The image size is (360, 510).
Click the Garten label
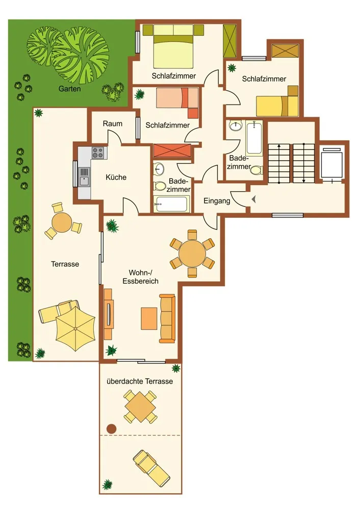[69, 88]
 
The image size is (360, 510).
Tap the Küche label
[116, 177]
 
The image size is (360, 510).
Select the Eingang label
[217, 201]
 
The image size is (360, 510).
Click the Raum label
[113, 123]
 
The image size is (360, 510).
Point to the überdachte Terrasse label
[140, 381]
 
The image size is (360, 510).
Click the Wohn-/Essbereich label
[141, 277]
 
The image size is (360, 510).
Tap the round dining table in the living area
[192, 253]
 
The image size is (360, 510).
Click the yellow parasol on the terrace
[75, 328]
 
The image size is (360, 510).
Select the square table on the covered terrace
[140, 407]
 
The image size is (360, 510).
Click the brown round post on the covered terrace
[112, 429]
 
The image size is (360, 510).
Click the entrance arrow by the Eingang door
[254, 199]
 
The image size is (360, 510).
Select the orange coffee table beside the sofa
[149, 319]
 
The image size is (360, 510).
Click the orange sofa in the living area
[167, 318]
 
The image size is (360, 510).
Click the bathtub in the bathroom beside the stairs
[254, 138]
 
